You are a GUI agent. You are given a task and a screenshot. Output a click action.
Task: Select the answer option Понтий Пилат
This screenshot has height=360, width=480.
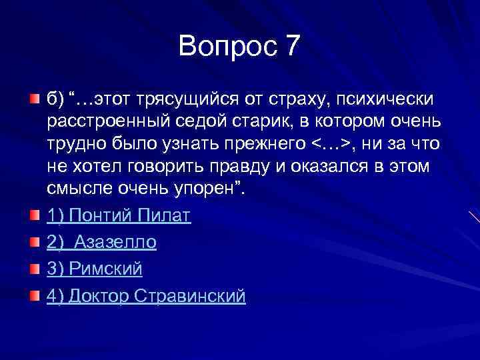(x=119, y=216)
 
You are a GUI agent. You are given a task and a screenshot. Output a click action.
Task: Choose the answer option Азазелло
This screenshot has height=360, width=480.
(x=101, y=242)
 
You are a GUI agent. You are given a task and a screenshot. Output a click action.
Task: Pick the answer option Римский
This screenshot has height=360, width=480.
(x=94, y=269)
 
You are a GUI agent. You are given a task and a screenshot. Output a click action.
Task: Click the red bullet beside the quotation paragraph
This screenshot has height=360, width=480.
(x=35, y=99)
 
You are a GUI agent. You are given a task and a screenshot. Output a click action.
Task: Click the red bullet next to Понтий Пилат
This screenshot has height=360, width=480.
(x=35, y=216)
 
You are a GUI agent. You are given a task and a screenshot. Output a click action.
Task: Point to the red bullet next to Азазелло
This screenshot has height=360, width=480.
(x=35, y=242)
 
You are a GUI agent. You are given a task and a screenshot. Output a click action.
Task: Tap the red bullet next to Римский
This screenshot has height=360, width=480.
(x=35, y=269)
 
